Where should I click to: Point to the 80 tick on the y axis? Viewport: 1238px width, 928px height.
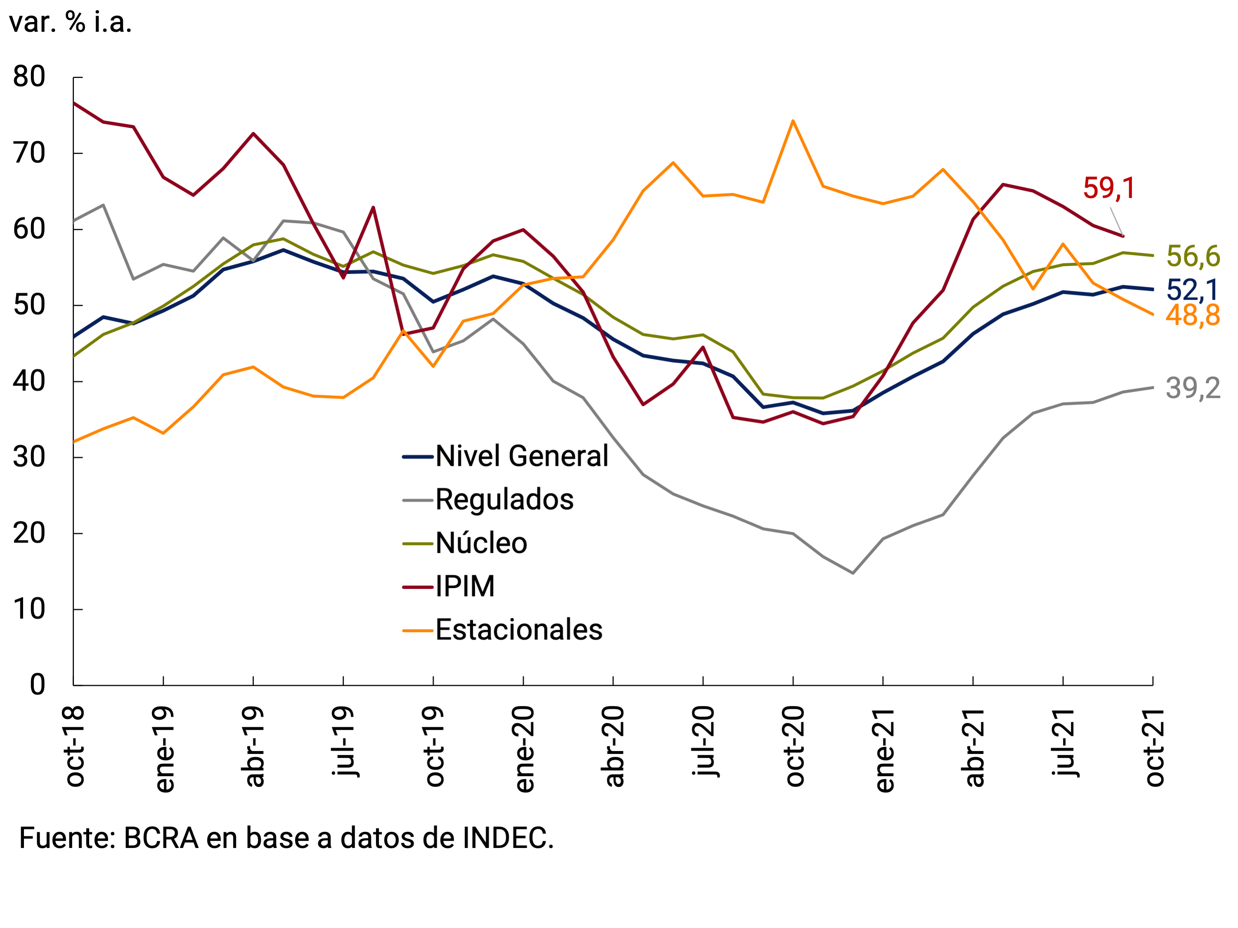click(29, 77)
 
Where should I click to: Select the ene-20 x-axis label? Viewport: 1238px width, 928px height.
click(524, 750)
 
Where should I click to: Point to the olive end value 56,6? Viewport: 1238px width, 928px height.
click(1193, 257)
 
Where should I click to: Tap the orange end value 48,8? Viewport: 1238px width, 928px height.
click(1193, 316)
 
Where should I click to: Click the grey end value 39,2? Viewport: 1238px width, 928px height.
click(1193, 388)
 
